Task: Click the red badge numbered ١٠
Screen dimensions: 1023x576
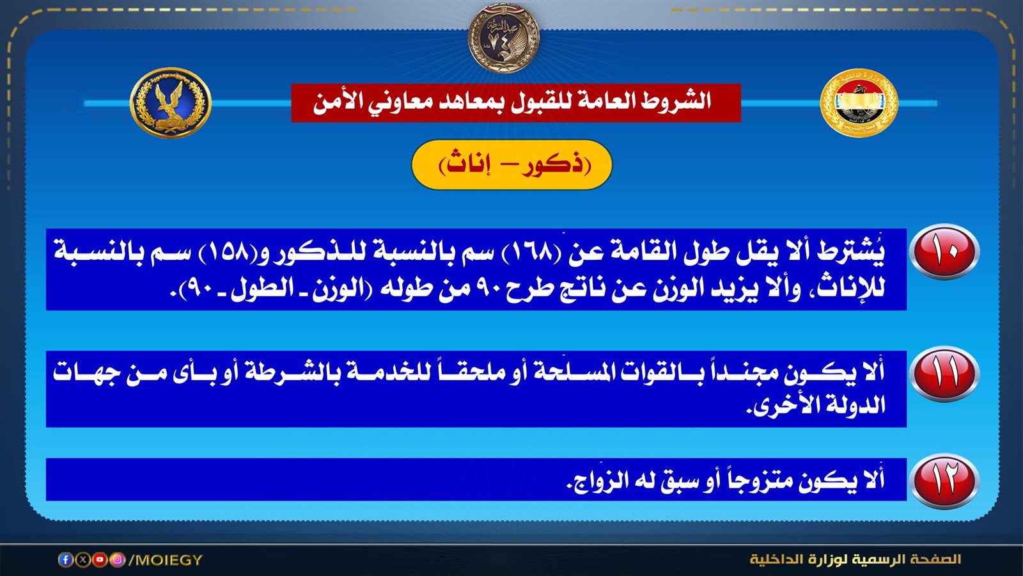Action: [x=944, y=251]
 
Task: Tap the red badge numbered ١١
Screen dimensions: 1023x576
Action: [x=944, y=374]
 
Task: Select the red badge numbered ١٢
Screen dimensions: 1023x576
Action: [x=944, y=481]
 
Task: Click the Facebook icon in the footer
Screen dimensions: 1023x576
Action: [x=65, y=559]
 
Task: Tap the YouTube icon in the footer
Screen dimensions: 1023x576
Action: [x=100, y=559]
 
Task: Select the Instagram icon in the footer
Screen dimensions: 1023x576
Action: [x=118, y=559]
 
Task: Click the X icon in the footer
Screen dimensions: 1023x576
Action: [x=82, y=559]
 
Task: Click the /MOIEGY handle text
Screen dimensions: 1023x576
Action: [x=166, y=559]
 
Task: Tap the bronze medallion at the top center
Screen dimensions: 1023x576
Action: [x=504, y=38]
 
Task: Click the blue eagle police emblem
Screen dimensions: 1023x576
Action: [x=171, y=102]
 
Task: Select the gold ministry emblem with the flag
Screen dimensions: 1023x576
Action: [x=859, y=103]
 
